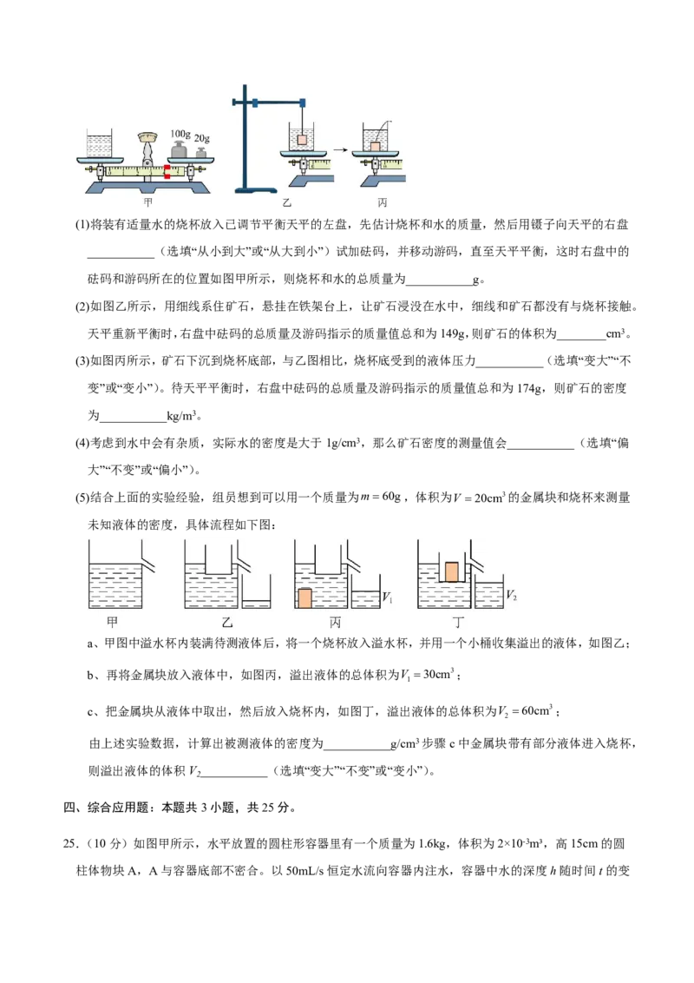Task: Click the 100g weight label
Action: [x=180, y=134]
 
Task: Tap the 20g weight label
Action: [x=201, y=138]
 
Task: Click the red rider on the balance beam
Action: [x=167, y=171]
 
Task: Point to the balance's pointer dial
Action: [x=147, y=136]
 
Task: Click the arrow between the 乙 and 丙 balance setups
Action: [x=340, y=150]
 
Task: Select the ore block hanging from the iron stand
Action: [x=303, y=139]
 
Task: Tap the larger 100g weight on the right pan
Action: [x=180, y=150]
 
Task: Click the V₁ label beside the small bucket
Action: [x=387, y=597]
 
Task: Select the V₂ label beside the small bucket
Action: [x=511, y=594]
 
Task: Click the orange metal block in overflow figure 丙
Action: [x=304, y=598]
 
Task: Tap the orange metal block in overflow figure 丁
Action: [x=451, y=571]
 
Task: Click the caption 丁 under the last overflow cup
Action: [x=459, y=622]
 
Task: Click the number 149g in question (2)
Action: [x=453, y=333]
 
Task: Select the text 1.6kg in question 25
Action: [x=431, y=843]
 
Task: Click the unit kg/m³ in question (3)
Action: [x=181, y=415]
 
